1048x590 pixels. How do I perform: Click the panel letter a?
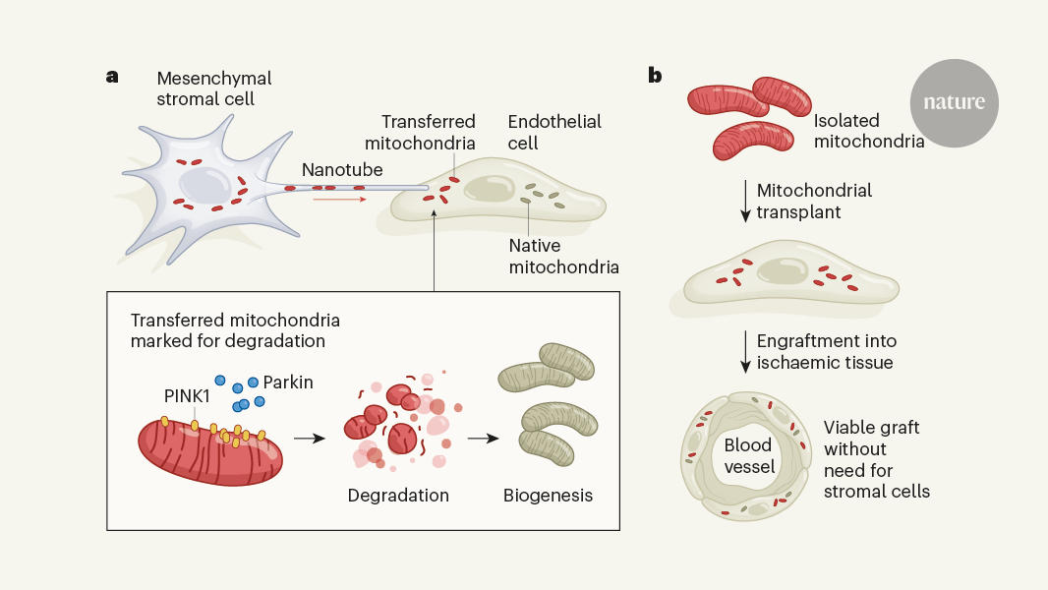tap(112, 76)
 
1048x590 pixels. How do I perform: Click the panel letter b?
tap(655, 76)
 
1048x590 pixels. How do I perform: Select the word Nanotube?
tap(342, 170)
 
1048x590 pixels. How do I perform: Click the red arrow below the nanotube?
tap(339, 200)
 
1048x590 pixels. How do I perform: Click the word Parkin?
tap(288, 382)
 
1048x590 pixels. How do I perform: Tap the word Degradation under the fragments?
tap(398, 495)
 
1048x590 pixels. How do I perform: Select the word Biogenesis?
tap(548, 495)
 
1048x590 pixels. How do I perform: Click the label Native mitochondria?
tap(563, 256)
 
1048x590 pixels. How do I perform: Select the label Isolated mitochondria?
tap(869, 131)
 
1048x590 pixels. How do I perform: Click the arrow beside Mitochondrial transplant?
tap(745, 201)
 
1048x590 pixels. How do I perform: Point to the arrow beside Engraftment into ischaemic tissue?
tap(745, 351)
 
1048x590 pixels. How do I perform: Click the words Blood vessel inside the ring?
tap(747, 455)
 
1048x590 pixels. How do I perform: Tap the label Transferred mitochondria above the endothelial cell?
tap(428, 131)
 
